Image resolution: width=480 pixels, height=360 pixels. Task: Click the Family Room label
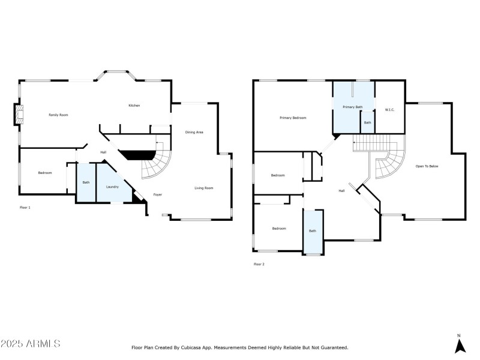tap(58, 114)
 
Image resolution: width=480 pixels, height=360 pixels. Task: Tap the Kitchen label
tap(134, 106)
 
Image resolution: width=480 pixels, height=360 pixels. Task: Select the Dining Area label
tap(194, 132)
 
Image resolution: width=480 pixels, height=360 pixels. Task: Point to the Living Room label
tap(204, 188)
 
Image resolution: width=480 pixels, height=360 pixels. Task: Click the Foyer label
tap(158, 194)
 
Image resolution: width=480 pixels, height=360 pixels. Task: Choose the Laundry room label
tap(112, 187)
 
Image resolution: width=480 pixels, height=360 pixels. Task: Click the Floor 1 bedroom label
tap(45, 173)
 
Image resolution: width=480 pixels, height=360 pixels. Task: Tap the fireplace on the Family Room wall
tap(19, 115)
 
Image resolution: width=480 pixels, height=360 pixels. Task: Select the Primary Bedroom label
tap(293, 118)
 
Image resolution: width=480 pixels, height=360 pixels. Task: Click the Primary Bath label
tap(353, 107)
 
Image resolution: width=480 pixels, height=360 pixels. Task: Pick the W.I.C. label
tap(389, 110)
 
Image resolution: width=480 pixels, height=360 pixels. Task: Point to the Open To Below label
tap(427, 166)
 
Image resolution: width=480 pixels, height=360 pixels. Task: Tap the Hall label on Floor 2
tap(341, 191)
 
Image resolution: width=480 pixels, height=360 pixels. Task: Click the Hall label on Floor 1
tap(103, 152)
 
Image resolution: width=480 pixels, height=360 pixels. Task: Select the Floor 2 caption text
tap(259, 264)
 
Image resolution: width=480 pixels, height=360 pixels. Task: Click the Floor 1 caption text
tap(25, 207)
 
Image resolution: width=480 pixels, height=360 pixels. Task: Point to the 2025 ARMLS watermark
tap(31, 344)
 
